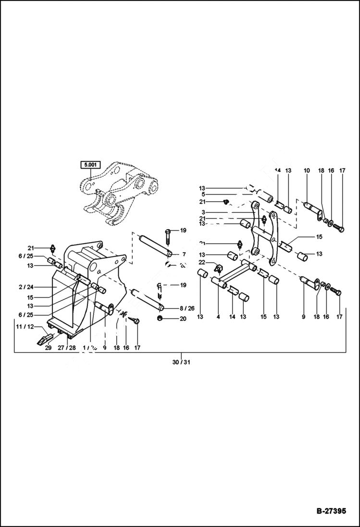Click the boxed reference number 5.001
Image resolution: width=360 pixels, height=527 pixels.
(x=90, y=165)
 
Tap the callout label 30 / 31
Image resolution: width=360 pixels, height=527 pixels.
(x=181, y=362)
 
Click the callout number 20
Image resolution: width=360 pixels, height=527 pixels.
(x=183, y=319)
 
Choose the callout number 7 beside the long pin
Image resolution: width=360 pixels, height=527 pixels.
(x=183, y=254)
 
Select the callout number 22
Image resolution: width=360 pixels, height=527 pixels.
(x=202, y=262)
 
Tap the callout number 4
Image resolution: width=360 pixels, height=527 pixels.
(x=218, y=317)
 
